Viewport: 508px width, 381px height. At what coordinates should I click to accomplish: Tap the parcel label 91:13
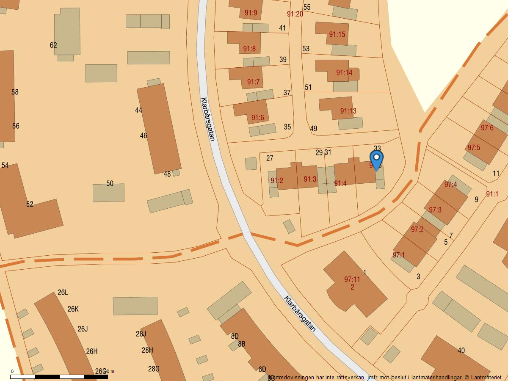click(348, 111)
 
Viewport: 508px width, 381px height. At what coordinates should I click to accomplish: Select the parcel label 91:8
click(249, 49)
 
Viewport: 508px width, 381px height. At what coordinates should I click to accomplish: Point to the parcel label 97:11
click(352, 279)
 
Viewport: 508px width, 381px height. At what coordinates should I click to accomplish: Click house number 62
click(53, 45)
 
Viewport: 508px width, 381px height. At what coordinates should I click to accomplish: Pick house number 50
click(110, 184)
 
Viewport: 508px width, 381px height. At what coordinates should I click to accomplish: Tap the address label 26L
click(63, 293)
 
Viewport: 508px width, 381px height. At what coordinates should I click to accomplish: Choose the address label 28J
click(141, 334)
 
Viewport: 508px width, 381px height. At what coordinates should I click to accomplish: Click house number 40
click(461, 351)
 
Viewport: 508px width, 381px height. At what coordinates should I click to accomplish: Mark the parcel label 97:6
click(487, 128)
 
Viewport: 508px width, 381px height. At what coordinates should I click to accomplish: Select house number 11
click(496, 174)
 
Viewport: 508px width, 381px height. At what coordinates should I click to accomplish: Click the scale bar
click(59, 376)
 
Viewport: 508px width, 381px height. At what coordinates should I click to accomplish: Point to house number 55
click(307, 7)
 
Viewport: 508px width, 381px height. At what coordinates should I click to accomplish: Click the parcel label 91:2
click(277, 181)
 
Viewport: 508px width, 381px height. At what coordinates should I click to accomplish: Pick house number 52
click(30, 204)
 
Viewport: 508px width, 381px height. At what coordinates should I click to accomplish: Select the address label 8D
click(235, 336)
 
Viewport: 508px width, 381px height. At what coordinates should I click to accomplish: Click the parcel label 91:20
click(295, 14)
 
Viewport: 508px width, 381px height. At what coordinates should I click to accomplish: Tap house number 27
click(270, 158)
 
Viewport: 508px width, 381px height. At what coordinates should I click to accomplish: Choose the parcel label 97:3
click(435, 210)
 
